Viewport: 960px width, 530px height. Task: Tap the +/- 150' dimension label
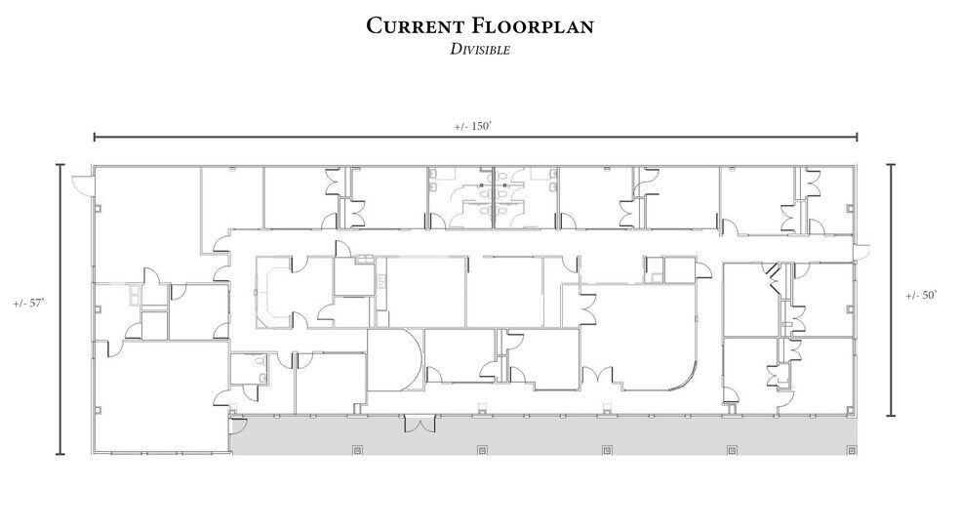[475, 126]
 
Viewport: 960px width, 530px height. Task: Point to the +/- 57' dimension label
[27, 304]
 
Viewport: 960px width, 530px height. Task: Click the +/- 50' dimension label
[921, 295]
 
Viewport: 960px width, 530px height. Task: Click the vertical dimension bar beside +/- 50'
[890, 289]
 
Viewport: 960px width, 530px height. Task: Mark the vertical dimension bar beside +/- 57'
[61, 309]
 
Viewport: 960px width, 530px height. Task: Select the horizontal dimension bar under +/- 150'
[475, 138]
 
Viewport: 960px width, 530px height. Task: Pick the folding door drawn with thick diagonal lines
[772, 275]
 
